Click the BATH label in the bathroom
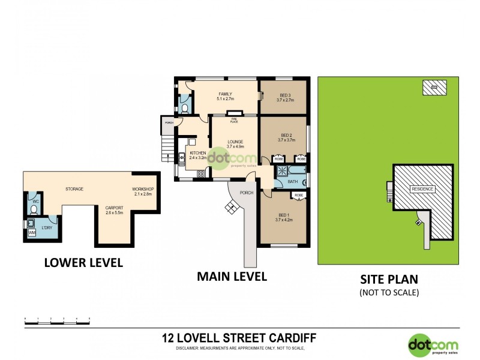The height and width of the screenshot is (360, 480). point(293,181)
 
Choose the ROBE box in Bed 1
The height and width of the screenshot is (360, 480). point(298,196)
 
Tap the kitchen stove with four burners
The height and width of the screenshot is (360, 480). point(201,175)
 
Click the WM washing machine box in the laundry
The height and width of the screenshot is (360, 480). point(32,232)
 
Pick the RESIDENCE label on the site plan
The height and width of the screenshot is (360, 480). point(422,189)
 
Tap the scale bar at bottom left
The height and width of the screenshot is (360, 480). point(57,323)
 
